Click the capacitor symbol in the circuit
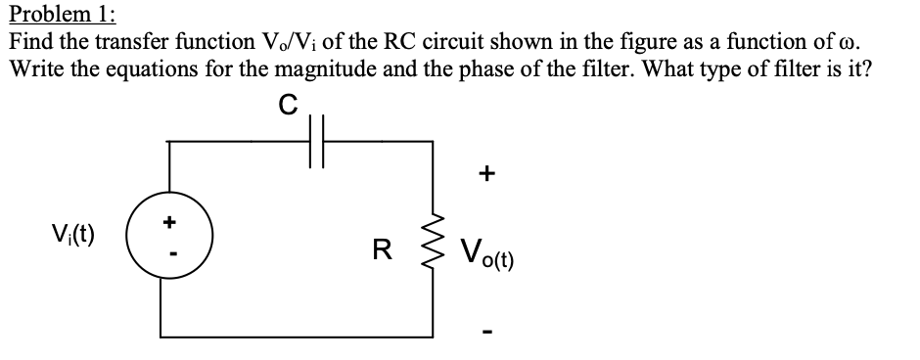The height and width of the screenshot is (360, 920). tap(316, 142)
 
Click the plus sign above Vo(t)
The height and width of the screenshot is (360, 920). tap(486, 174)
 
